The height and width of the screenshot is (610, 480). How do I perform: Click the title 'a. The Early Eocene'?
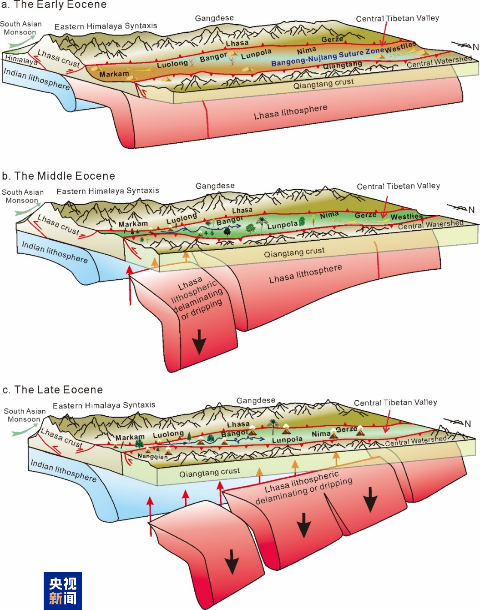coord(54,5)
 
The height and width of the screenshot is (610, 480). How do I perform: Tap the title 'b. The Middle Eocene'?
coord(58,176)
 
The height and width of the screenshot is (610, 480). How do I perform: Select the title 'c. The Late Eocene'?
coord(53,390)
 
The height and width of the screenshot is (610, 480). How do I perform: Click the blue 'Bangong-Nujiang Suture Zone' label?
coord(328,56)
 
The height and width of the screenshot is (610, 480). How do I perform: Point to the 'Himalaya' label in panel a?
coord(21,60)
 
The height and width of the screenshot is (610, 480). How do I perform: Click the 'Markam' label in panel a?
coord(114,74)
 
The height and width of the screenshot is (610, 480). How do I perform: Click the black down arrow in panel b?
coord(199,342)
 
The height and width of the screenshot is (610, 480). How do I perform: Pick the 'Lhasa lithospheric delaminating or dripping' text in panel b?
coord(197,298)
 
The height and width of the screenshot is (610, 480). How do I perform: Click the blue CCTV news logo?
coord(63,590)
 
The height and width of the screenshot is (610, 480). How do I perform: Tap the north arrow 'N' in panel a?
coord(475,47)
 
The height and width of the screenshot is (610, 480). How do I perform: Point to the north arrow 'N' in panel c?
coord(467,423)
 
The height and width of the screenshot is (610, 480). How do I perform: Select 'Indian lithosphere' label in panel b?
coord(55,252)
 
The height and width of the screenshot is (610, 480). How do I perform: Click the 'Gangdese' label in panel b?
coord(215,186)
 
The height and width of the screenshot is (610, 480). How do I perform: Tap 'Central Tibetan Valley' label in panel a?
coord(397,19)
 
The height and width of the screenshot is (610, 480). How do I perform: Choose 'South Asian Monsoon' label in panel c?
coord(25,415)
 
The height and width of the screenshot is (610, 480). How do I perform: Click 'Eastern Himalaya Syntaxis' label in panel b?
coord(108,191)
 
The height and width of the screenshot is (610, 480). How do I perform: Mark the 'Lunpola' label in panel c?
coord(287,440)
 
